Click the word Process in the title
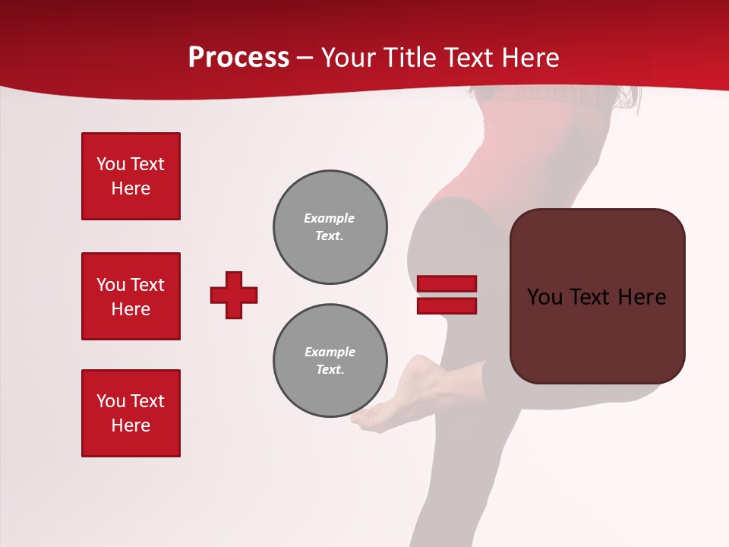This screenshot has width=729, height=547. [238, 58]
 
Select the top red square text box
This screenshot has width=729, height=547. [131, 176]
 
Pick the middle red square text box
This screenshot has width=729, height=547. [131, 296]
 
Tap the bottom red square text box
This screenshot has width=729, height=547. [131, 413]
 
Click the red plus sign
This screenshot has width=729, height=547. [234, 295]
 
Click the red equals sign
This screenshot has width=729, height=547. [447, 295]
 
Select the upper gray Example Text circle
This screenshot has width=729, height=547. [330, 227]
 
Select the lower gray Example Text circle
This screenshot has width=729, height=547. [330, 361]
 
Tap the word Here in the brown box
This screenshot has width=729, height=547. [642, 297]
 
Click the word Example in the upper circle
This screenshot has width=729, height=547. [329, 218]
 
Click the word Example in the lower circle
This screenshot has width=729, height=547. [330, 352]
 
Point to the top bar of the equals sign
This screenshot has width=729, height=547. [447, 284]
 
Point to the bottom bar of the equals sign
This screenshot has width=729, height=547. [447, 305]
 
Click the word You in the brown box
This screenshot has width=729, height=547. [545, 297]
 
